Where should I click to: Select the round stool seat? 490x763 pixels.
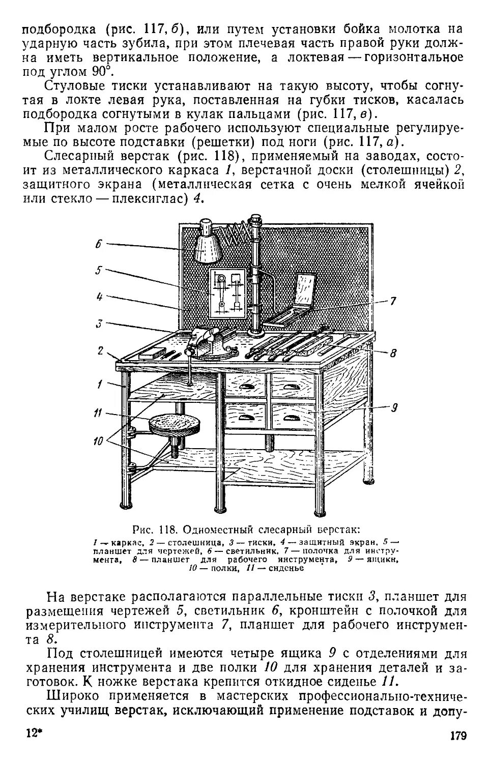174,423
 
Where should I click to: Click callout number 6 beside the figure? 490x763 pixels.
99,244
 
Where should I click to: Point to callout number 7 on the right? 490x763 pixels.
393,301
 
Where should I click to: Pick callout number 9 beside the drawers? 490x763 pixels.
394,407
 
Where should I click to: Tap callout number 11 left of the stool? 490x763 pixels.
98,413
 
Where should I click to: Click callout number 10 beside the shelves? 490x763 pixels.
98,441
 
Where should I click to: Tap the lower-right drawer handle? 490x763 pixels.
293,418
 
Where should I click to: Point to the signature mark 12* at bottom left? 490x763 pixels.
33,735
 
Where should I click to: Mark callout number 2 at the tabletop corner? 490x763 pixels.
100,350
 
